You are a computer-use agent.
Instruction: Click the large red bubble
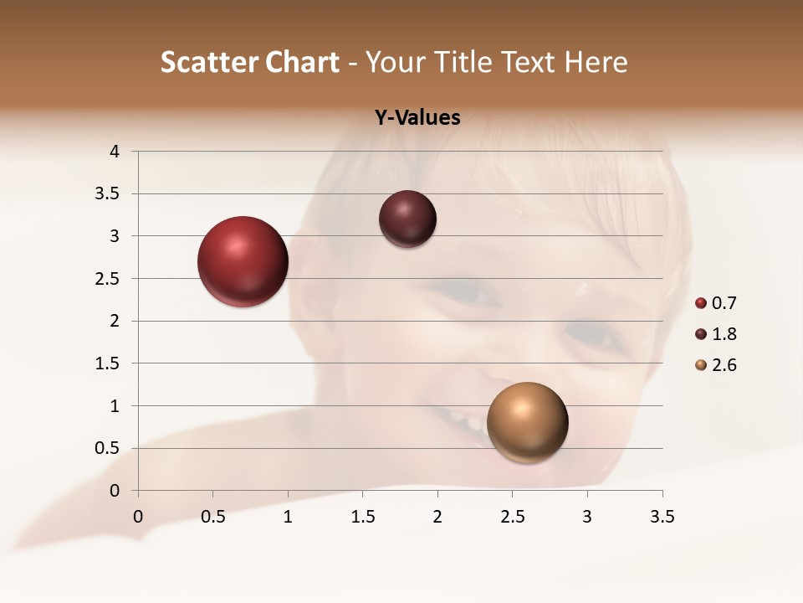[x=243, y=261]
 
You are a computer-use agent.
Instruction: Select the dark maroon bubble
[x=407, y=219]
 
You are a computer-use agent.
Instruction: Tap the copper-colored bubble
[x=527, y=422]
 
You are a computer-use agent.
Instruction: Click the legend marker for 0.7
[x=701, y=303]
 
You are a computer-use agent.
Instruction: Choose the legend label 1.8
[x=724, y=334]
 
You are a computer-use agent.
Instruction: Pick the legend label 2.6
[x=724, y=365]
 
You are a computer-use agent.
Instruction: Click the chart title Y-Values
[x=417, y=118]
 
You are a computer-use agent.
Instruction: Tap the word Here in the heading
[x=596, y=62]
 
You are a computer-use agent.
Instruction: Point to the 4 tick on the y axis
[x=115, y=152]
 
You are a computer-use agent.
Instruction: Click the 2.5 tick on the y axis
[x=108, y=279]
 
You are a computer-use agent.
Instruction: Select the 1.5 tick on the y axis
[x=108, y=363]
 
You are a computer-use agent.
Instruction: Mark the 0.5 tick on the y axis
[x=108, y=448]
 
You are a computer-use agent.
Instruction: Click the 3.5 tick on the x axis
[x=662, y=516]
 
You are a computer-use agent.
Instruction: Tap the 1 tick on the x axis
[x=288, y=516]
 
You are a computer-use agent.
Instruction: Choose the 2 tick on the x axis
[x=437, y=516]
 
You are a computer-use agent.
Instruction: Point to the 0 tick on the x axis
[x=138, y=516]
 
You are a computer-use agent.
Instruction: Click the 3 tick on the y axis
[x=115, y=236]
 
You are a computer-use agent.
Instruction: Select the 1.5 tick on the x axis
[x=363, y=516]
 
